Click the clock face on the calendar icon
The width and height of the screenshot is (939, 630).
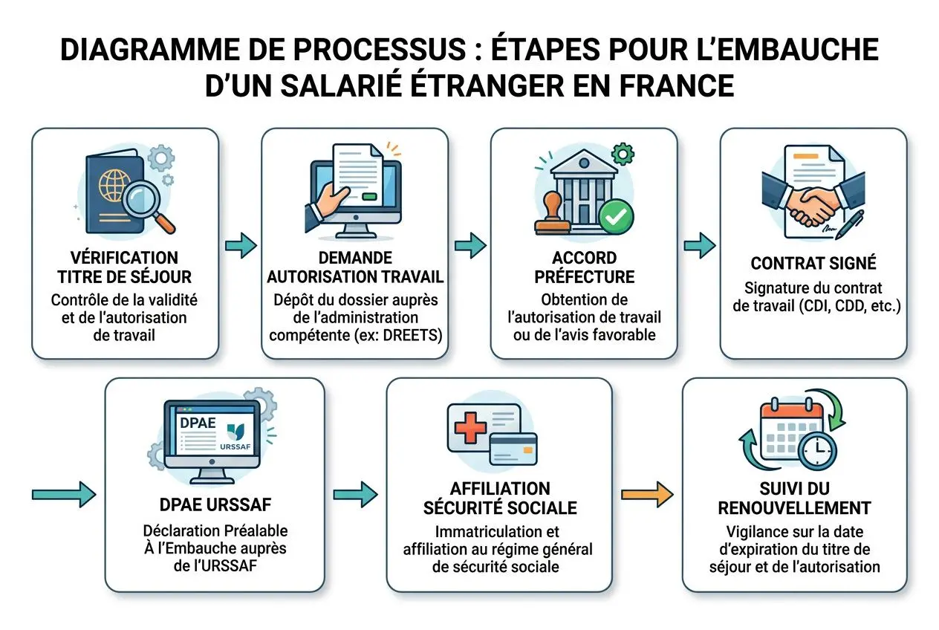point(816,451)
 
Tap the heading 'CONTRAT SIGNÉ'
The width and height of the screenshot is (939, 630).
point(813,263)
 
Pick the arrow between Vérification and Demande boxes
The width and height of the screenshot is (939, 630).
point(240,245)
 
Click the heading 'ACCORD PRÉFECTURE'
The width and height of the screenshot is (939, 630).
point(583,267)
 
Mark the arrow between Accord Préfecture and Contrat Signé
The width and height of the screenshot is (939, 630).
point(699,245)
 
